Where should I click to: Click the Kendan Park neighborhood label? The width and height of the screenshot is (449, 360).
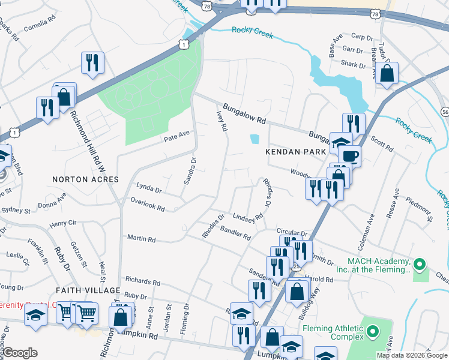tap(295, 152)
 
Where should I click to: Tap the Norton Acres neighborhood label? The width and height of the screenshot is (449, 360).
tap(86, 179)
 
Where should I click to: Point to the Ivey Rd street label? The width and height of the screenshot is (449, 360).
tap(221, 120)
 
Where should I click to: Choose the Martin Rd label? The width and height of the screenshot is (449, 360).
tap(141, 239)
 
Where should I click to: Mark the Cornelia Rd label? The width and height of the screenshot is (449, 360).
tap(39, 28)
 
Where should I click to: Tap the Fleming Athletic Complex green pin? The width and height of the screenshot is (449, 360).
tap(373, 331)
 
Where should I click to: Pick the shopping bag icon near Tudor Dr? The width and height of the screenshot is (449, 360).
tap(388, 74)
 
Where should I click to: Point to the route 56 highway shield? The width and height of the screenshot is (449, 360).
tap(445, 112)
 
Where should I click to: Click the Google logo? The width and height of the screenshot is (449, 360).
tap(20, 353)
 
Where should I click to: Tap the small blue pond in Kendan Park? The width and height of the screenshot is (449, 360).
tap(255, 139)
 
